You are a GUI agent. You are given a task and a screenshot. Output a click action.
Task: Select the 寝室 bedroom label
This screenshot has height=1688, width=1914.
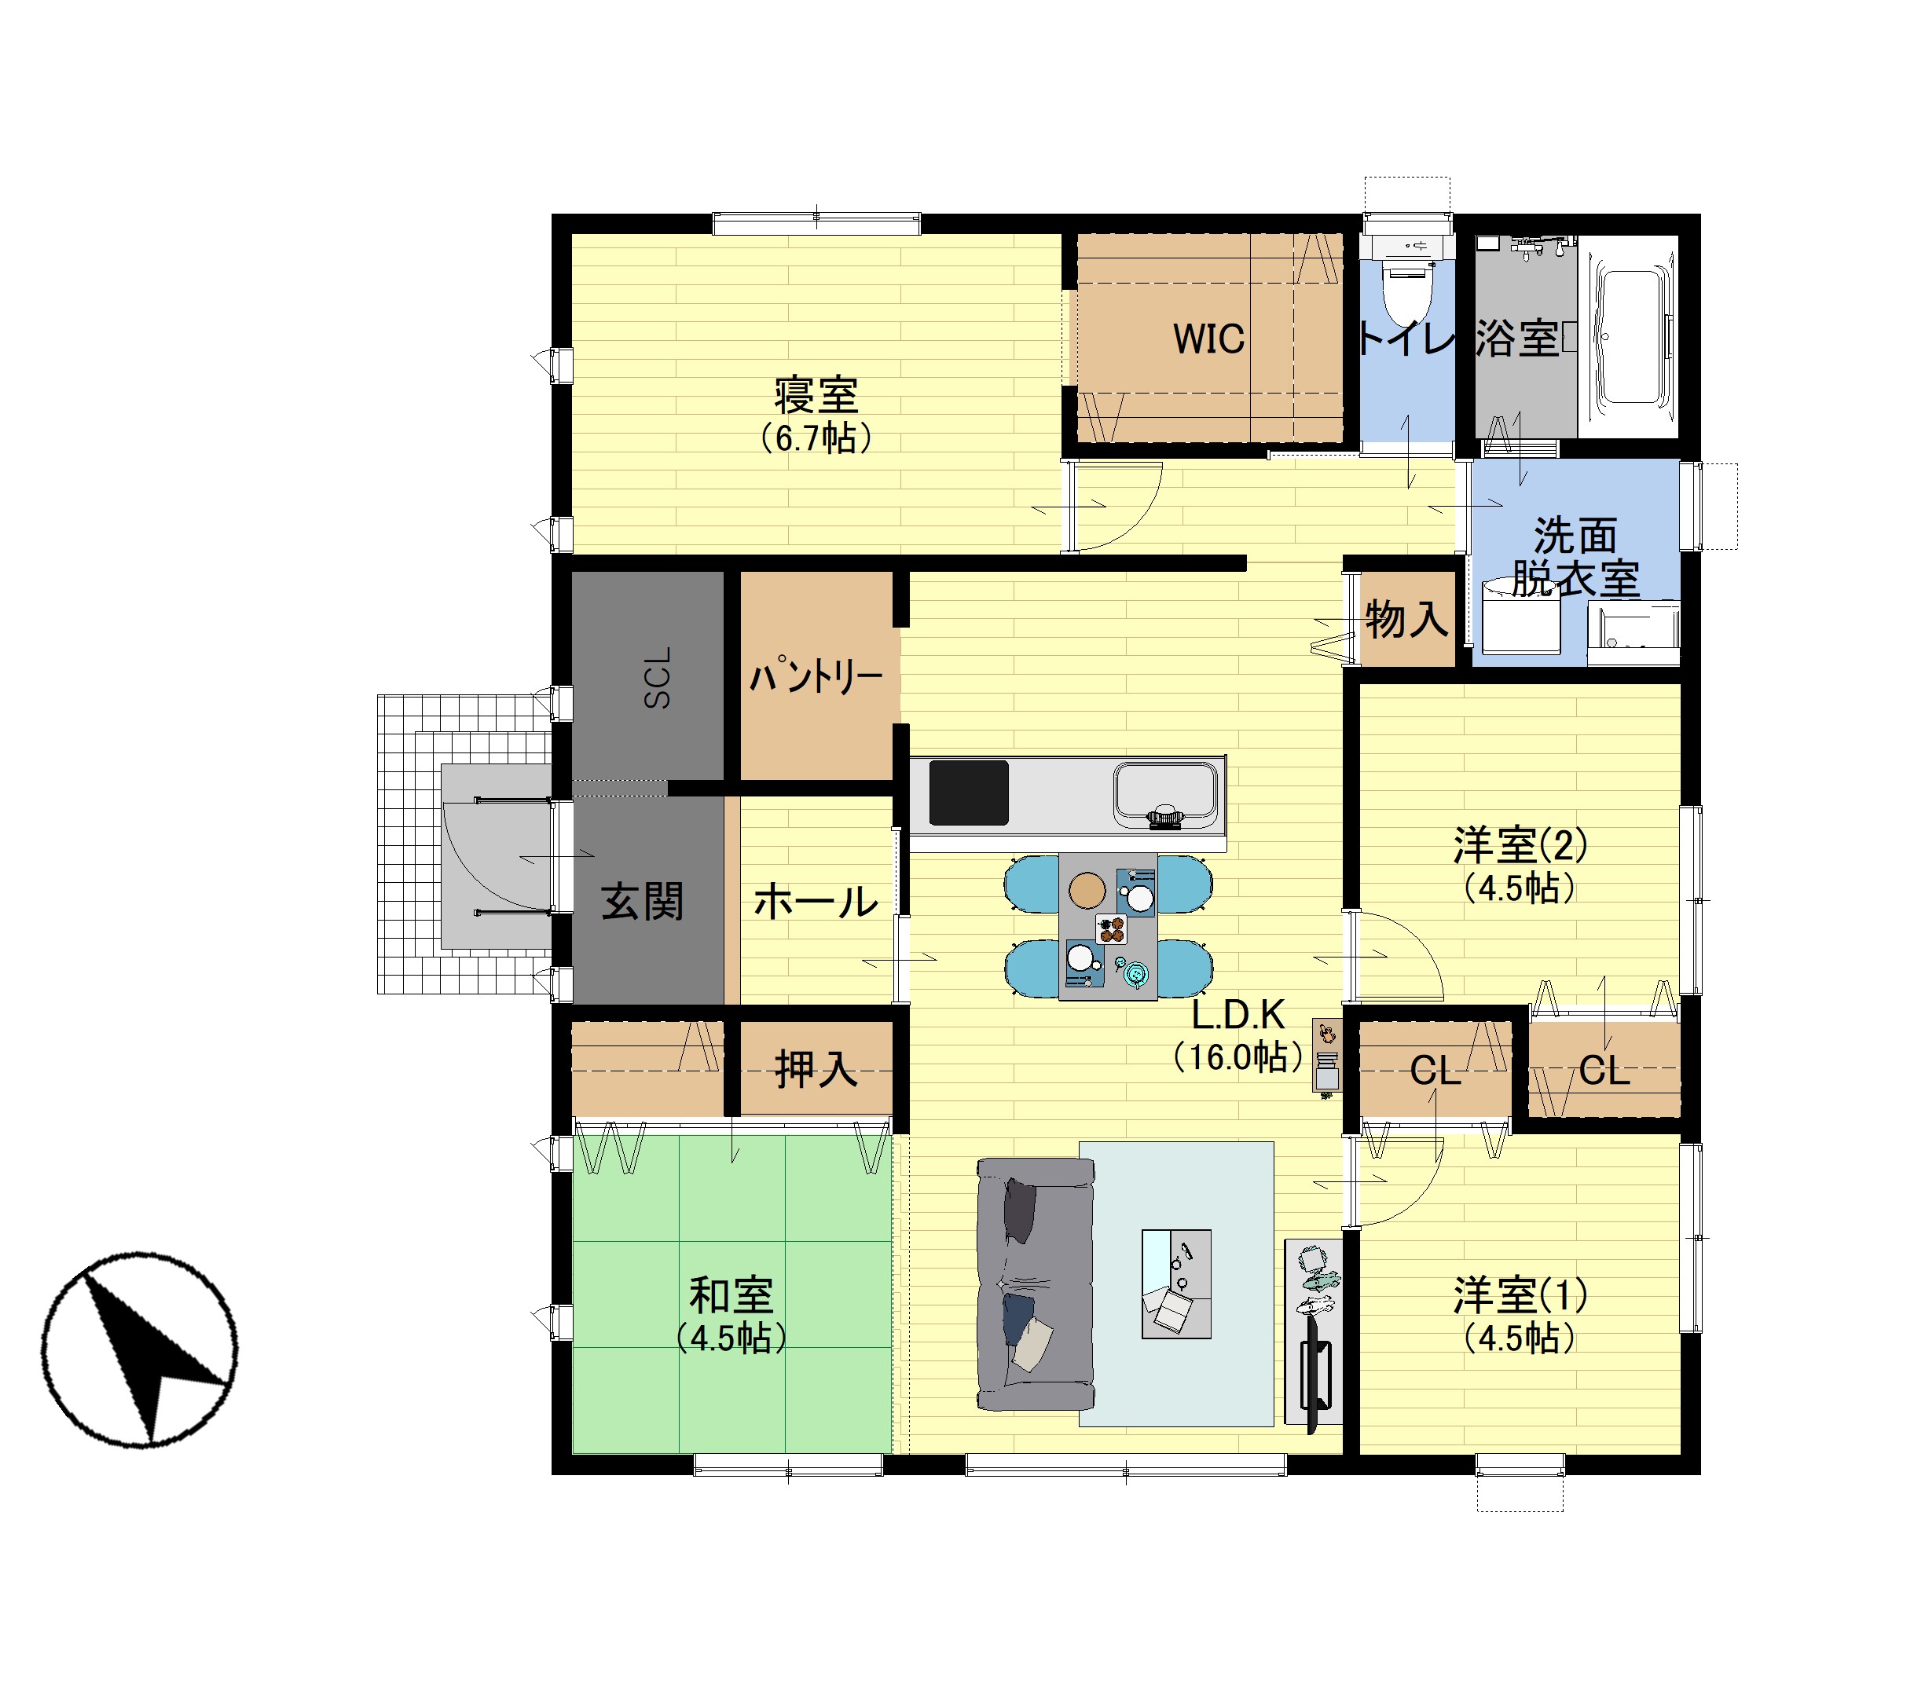[x=816, y=395]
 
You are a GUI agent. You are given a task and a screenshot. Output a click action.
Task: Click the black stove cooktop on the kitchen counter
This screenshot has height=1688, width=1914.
[x=968, y=792]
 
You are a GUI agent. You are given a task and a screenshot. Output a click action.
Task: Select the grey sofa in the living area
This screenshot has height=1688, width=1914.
[x=1035, y=1283]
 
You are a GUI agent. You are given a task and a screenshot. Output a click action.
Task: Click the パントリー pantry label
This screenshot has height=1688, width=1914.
[x=816, y=676]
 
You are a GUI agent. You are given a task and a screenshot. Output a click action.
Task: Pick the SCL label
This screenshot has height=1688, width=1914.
[x=658, y=677]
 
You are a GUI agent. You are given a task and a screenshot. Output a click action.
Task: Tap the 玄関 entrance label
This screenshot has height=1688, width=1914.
[x=643, y=902]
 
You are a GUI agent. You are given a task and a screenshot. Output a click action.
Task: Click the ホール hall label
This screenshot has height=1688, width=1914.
[x=816, y=903]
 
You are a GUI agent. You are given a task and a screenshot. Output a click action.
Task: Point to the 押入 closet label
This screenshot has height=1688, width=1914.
[x=816, y=1069]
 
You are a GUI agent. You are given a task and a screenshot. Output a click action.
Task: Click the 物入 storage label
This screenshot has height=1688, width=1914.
[x=1406, y=619]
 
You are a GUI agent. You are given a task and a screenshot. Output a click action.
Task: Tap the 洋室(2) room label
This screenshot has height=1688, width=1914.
[x=1520, y=845]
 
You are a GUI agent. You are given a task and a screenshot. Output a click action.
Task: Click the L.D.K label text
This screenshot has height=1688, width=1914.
[x=1238, y=1014]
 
